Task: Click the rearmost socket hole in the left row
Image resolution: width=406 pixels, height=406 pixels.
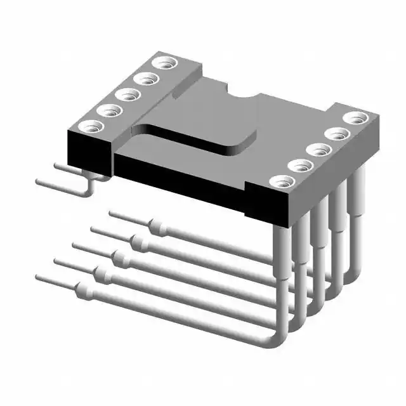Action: (x=166, y=63)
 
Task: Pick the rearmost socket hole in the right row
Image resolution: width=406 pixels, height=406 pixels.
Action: (x=356, y=118)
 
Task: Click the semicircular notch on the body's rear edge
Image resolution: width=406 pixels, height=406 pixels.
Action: (x=241, y=96)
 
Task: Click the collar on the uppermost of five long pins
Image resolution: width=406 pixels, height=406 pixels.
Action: (x=157, y=226)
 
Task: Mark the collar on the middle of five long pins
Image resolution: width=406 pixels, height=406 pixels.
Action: (x=119, y=258)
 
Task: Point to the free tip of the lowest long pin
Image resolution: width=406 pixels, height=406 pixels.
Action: (x=39, y=277)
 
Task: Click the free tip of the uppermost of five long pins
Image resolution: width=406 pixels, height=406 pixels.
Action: (x=112, y=214)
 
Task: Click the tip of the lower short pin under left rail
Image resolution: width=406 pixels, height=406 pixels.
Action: (x=39, y=182)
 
